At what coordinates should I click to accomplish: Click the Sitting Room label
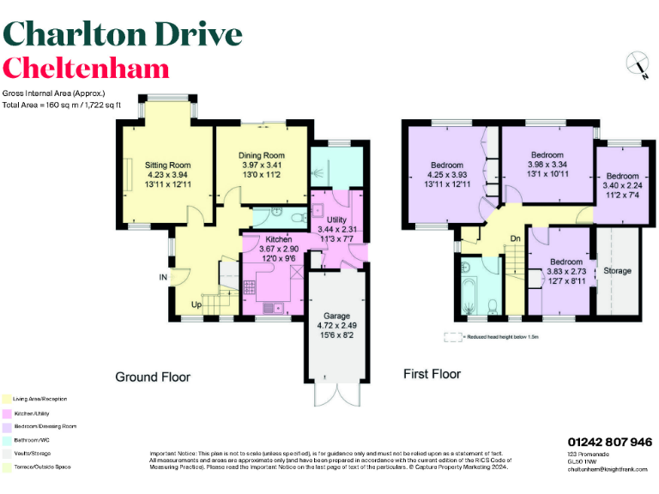pyautogui.click(x=167, y=165)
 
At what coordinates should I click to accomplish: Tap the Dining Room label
pyautogui.click(x=262, y=155)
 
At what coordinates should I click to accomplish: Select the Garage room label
pyautogui.click(x=336, y=316)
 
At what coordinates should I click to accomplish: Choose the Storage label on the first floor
pyautogui.click(x=617, y=271)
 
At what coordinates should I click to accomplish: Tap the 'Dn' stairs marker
pyautogui.click(x=516, y=238)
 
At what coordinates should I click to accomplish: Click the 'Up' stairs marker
pyautogui.click(x=196, y=304)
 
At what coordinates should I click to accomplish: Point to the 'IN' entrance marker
pyautogui.click(x=163, y=277)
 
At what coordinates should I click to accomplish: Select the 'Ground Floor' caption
pyautogui.click(x=153, y=377)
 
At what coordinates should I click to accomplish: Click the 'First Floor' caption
pyautogui.click(x=432, y=374)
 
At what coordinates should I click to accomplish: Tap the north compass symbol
pyautogui.click(x=637, y=65)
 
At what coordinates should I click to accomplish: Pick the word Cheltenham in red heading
pyautogui.click(x=86, y=69)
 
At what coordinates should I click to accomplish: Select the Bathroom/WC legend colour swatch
pyautogui.click(x=6, y=439)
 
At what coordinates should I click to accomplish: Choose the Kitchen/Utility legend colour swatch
pyautogui.click(x=6, y=413)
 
